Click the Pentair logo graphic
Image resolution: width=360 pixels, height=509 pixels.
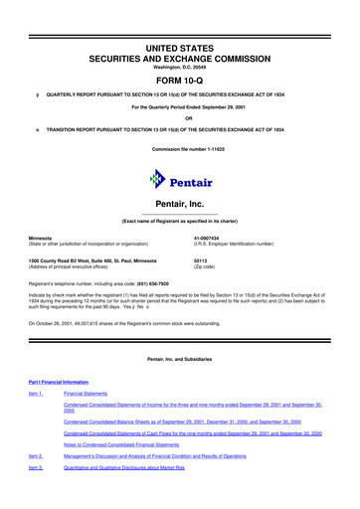coord(180,180)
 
